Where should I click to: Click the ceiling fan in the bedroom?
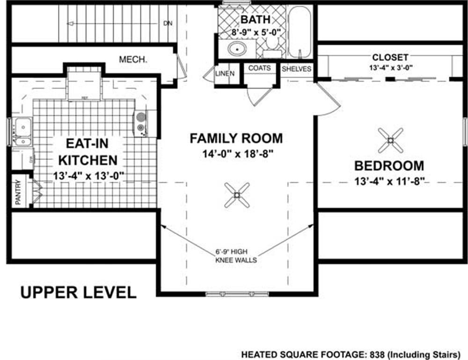pyautogui.click(x=390, y=140)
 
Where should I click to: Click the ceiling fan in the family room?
pyautogui.click(x=237, y=194)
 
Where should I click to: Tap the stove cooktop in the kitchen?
pyautogui.click(x=140, y=122)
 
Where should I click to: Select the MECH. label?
pyautogui.click(x=133, y=60)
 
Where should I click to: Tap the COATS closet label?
pyautogui.click(x=259, y=68)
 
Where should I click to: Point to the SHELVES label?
pyautogui.click(x=296, y=69)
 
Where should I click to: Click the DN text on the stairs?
pyautogui.click(x=167, y=23)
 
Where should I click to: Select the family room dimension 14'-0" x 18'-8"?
pyautogui.click(x=237, y=153)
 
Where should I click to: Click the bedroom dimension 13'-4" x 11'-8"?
pyautogui.click(x=389, y=180)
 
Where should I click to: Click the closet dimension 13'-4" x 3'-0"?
pyautogui.click(x=390, y=67)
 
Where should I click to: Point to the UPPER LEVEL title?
pyautogui.click(x=78, y=292)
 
